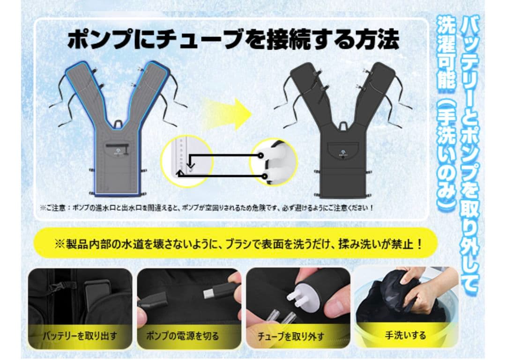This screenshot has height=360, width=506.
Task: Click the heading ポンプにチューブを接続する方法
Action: tap(233, 40)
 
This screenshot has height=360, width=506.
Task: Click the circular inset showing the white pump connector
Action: tap(273, 161)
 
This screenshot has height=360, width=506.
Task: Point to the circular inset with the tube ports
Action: tap(186, 161)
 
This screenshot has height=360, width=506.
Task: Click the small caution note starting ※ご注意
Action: tap(207, 207)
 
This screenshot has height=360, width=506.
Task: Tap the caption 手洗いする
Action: tap(405, 335)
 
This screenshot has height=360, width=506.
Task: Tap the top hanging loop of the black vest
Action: tap(343, 125)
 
